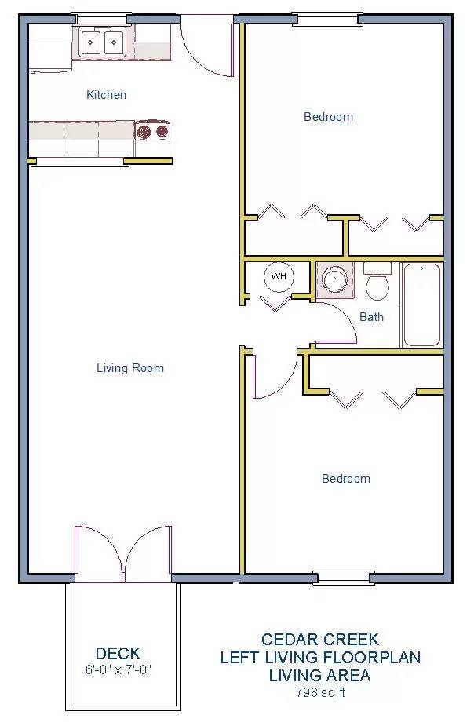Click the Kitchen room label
point(106,95)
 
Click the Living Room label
point(130,368)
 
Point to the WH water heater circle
point(279,276)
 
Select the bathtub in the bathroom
point(421,305)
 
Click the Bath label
point(371,317)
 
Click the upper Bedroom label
point(328,117)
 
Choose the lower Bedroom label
point(346,479)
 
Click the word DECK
point(118,653)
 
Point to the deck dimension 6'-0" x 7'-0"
point(118,671)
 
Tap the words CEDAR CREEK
point(319,640)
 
